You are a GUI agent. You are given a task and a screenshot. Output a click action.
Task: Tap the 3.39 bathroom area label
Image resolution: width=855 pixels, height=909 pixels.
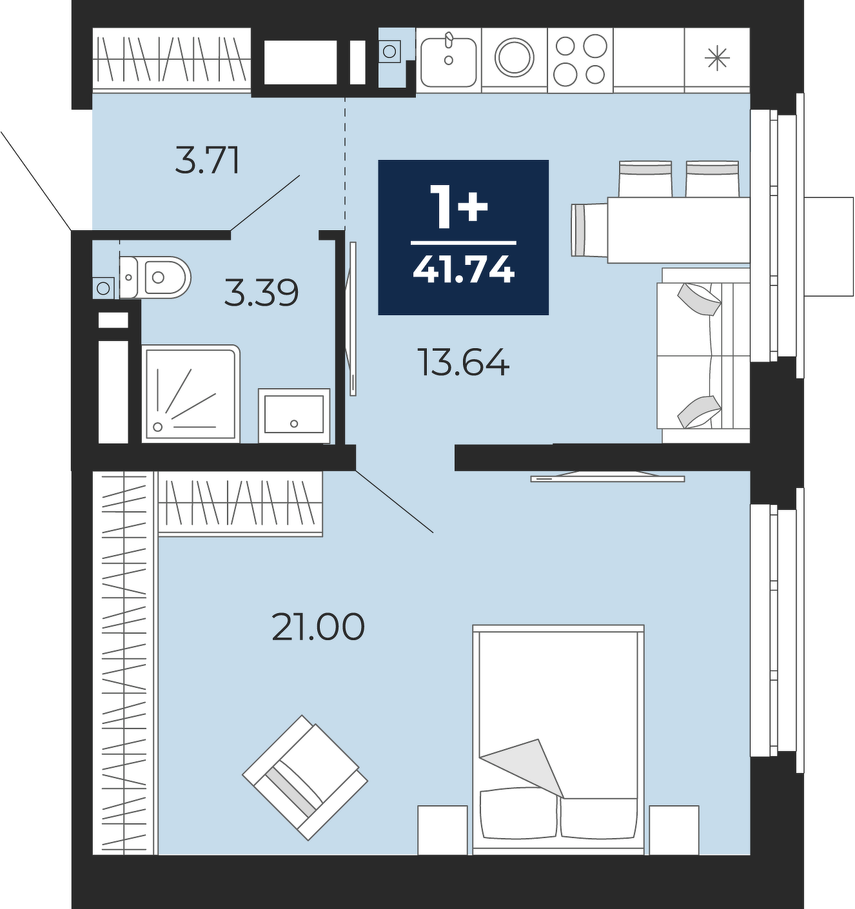pos(262,293)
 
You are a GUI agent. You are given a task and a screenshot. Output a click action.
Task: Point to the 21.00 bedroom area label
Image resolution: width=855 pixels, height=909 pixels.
pos(319,627)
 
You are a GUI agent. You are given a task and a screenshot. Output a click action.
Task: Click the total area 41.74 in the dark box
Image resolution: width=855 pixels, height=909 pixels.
pos(464,269)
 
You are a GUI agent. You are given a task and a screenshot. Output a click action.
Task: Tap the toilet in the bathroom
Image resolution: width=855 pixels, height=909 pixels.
pos(155,277)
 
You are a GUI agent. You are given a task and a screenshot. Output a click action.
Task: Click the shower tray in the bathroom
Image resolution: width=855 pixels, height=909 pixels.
pos(191,394)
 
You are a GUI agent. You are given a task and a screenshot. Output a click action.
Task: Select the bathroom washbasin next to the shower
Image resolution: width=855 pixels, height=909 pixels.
pos(294,416)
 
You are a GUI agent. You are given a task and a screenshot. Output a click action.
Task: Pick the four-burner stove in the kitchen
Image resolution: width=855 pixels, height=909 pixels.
pos(580,60)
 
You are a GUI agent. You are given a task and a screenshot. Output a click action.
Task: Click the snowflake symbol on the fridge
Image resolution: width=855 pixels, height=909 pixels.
pos(717,59)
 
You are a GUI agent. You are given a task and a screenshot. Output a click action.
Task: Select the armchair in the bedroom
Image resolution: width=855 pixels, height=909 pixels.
pos(305,777)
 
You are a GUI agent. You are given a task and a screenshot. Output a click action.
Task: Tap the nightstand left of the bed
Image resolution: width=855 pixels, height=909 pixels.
pos(442,830)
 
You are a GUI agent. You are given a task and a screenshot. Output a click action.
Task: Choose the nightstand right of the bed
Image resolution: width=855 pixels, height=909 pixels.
pos(674,830)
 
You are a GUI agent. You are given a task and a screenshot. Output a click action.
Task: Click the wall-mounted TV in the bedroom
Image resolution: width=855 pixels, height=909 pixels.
pos(607,476)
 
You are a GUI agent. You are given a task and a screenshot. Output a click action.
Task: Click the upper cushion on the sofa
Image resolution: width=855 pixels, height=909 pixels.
pos(699,300)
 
